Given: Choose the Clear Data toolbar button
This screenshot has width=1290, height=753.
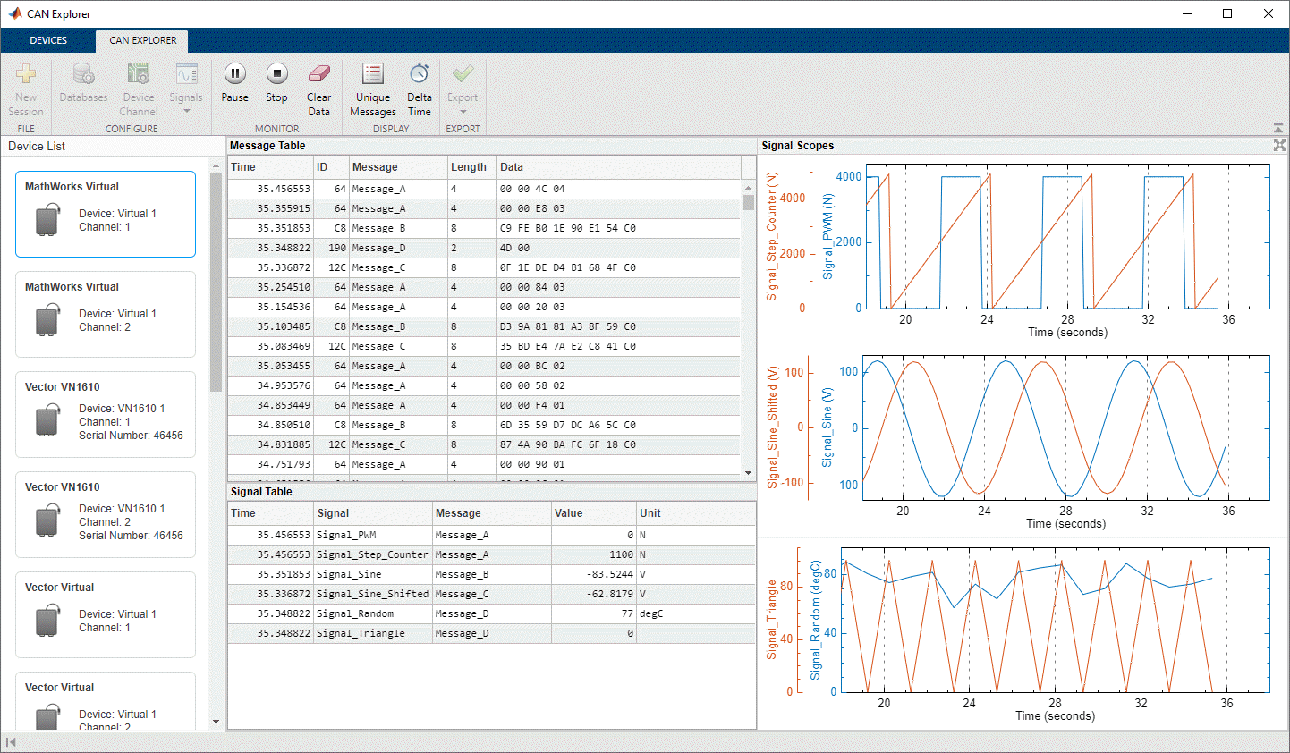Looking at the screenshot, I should [318, 89].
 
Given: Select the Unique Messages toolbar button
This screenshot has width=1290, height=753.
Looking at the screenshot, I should [373, 89].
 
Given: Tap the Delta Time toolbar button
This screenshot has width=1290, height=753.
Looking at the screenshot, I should [420, 89].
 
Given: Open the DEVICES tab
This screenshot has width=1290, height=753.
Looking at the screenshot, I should [48, 40].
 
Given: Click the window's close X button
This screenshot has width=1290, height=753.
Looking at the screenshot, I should [1269, 14].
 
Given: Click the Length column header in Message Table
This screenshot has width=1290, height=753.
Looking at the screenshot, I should [469, 167].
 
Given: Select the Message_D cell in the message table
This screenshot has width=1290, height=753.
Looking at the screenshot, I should [378, 248].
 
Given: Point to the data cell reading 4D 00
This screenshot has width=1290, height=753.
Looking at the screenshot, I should [514, 248].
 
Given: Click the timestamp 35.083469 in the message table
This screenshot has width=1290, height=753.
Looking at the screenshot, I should [284, 346].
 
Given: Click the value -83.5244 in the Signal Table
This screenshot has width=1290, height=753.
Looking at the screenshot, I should [609, 574].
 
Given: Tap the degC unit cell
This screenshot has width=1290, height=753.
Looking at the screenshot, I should [651, 613].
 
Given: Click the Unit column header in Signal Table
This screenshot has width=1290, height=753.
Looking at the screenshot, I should [650, 513].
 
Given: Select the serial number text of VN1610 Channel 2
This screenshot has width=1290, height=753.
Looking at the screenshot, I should [131, 536].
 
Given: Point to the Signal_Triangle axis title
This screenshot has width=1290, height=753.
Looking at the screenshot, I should [772, 620].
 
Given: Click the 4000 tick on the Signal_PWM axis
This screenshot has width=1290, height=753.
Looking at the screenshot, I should [849, 177].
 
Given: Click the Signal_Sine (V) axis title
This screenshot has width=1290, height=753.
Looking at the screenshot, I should [827, 427].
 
